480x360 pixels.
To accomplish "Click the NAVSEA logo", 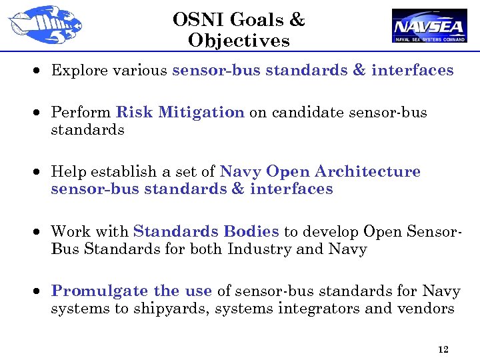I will click(429, 25).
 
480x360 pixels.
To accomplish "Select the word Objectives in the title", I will click(239, 41).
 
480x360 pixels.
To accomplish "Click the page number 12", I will click(443, 349).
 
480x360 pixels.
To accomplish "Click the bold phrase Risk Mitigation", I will click(180, 113).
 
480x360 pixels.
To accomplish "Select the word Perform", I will click(81, 113).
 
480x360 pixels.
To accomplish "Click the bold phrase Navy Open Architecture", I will click(320, 172).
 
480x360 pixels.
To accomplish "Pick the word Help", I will click(67, 172).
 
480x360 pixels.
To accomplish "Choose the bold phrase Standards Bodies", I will click(206, 232).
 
